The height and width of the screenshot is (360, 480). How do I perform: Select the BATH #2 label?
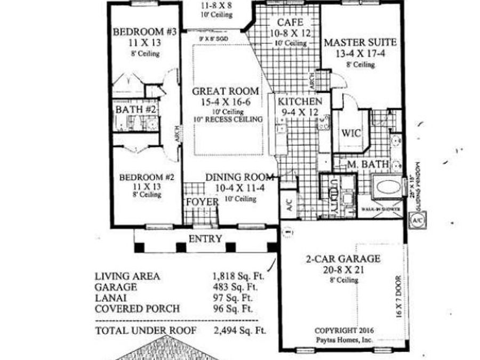(x=136, y=109)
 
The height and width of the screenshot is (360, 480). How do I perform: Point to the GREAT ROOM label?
(x=226, y=91)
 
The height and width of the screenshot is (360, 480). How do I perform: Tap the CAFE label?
(x=291, y=22)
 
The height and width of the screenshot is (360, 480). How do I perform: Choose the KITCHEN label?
(x=299, y=101)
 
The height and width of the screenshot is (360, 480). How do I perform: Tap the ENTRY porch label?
(x=205, y=238)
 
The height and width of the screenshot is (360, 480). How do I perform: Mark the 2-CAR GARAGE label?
(x=343, y=260)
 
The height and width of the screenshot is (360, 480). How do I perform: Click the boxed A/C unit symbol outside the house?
(x=416, y=219)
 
